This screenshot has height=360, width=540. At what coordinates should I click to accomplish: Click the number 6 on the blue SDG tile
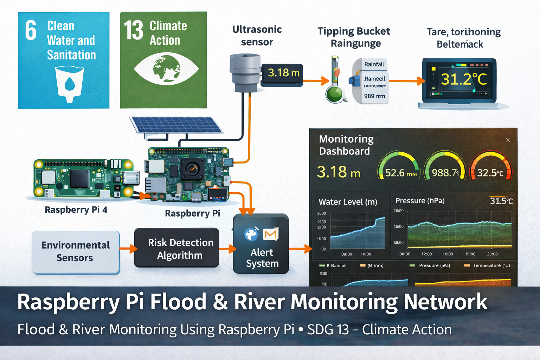31,30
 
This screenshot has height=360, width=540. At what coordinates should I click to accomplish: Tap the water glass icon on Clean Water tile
70,84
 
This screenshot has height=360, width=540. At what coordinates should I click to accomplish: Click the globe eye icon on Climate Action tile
166,69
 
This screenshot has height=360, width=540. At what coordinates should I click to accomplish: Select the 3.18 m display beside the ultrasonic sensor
283,73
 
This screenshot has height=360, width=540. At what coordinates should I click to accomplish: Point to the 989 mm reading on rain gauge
374,96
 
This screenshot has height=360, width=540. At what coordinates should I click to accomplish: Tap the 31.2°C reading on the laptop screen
464,79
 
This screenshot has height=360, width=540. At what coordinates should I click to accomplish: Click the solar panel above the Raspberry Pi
176,125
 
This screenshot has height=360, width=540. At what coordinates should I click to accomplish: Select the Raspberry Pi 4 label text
76,210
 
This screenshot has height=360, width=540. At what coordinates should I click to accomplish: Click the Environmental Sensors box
76,252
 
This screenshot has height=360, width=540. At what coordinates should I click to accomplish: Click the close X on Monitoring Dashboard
507,140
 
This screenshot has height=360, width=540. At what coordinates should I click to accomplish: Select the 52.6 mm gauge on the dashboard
399,169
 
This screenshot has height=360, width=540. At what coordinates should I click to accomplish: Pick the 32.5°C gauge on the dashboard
490,169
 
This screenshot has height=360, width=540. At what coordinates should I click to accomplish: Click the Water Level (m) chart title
348,202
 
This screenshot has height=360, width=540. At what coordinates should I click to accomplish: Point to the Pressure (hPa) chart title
420,201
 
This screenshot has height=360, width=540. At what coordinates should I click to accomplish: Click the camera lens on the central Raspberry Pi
192,169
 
